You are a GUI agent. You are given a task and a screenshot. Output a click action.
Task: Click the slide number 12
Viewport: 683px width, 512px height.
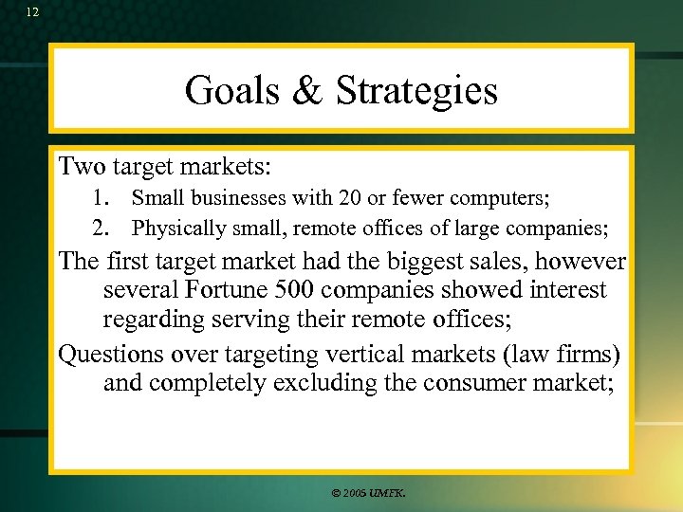tap(33, 11)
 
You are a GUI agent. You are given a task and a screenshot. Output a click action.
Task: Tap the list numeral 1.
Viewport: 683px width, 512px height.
tap(100, 198)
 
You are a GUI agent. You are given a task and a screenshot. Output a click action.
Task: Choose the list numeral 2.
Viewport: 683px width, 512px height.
tap(100, 229)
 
